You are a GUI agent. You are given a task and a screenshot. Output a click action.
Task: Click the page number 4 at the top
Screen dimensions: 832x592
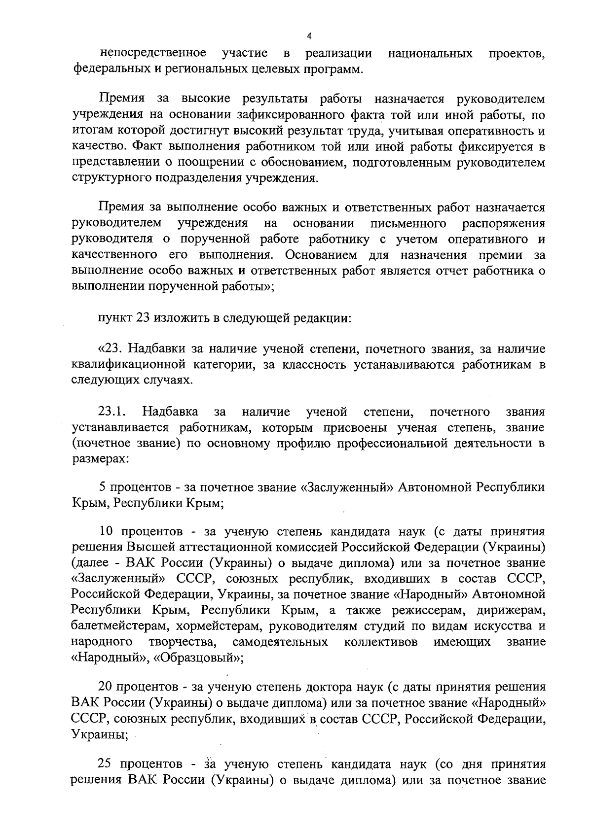click(309, 35)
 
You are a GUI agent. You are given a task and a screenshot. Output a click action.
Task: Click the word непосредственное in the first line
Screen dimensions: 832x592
click(153, 53)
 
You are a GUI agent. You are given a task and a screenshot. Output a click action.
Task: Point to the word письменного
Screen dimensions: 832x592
click(408, 223)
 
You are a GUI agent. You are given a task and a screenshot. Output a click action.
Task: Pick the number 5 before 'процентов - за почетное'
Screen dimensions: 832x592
click(103, 487)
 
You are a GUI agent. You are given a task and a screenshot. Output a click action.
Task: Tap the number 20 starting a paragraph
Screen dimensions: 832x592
click(107, 687)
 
